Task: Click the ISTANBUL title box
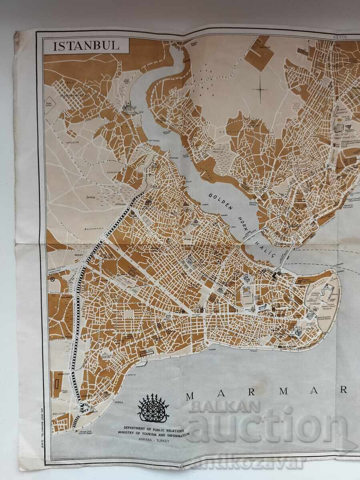(x=86, y=45)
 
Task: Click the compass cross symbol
(x=260, y=90)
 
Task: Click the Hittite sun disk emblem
(x=153, y=408)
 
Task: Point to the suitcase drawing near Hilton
(x=338, y=128)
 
